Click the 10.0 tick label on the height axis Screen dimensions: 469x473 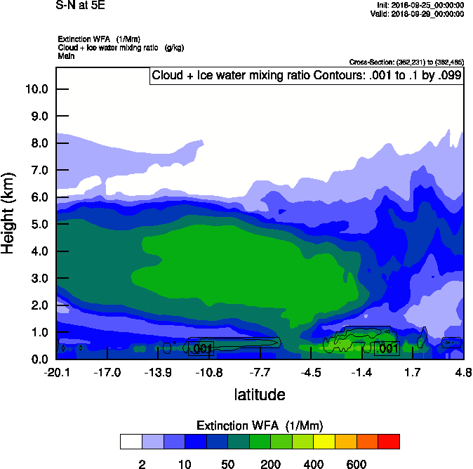tap(36, 89)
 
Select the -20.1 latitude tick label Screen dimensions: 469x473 tap(56, 372)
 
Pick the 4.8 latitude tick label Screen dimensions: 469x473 tap(462, 372)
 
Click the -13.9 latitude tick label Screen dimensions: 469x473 tap(158, 372)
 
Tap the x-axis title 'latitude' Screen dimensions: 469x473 tap(260, 395)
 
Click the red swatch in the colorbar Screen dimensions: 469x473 tap(389, 442)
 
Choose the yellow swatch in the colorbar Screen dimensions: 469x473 tap(324, 442)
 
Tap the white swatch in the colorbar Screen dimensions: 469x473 tap(131, 442)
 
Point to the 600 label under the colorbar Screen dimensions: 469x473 tap(357, 464)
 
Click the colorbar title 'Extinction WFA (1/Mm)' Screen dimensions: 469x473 tap(260, 426)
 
